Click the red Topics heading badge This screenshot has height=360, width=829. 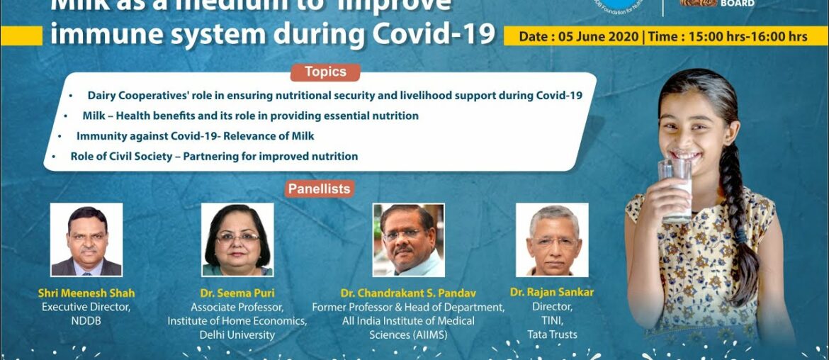point(325,72)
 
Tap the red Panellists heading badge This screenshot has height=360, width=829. point(320,189)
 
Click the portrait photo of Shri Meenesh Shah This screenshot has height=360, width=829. point(86,240)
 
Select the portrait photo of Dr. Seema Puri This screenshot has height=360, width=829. point(237,240)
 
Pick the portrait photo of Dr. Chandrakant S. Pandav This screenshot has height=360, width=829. point(409,240)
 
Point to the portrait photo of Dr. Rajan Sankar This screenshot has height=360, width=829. point(552,240)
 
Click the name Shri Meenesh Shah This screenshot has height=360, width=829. point(86,293)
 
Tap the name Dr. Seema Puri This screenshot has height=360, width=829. point(237,293)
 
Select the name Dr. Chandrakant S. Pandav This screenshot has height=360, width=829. point(408,293)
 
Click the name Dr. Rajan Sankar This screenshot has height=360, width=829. point(552,293)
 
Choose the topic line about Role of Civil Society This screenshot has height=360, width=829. point(214,156)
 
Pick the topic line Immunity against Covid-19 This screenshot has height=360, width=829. point(195,135)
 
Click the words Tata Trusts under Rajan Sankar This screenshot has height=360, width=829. point(552,334)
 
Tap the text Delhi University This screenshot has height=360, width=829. point(237,334)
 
